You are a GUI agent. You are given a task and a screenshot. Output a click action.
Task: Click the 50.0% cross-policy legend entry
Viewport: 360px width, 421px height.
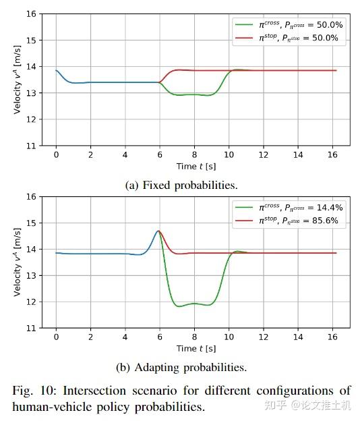coord(289,25)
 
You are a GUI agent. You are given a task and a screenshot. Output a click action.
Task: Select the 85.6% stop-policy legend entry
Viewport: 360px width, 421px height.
coord(287,221)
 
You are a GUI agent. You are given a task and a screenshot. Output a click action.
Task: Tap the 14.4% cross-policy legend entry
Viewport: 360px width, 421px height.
coord(289,207)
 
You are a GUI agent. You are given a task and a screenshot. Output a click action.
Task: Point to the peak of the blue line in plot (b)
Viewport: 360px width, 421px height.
coord(158,231)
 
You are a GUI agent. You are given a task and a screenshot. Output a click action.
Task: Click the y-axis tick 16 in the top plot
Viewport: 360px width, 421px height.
coord(31,13)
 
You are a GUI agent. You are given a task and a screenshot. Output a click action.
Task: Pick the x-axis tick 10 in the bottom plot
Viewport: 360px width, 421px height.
coord(229,337)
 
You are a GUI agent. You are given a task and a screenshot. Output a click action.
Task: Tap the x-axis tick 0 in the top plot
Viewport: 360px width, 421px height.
coord(56,155)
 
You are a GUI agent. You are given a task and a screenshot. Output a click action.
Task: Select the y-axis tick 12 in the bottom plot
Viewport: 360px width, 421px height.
coord(31,302)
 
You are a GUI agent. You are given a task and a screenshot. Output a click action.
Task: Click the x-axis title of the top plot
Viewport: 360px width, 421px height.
coord(196,166)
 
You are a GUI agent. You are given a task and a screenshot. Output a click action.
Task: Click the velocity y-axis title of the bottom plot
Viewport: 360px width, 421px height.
coord(17,262)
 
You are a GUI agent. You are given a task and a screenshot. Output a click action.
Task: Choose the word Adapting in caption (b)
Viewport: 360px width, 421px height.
coord(157,368)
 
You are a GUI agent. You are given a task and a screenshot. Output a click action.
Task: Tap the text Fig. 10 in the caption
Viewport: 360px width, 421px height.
coord(34,391)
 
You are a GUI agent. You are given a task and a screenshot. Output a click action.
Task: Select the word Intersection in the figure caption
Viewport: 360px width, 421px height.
coord(94,391)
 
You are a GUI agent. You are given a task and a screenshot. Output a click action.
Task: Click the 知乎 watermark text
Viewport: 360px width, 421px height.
coord(276,405)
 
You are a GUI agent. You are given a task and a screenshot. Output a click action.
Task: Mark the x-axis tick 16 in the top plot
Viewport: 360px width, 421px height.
coord(332,155)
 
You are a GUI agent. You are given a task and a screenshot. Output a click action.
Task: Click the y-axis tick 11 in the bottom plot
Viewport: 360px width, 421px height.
coord(31,328)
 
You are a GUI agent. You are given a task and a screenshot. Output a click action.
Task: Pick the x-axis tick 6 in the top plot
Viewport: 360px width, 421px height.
coord(160,155)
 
